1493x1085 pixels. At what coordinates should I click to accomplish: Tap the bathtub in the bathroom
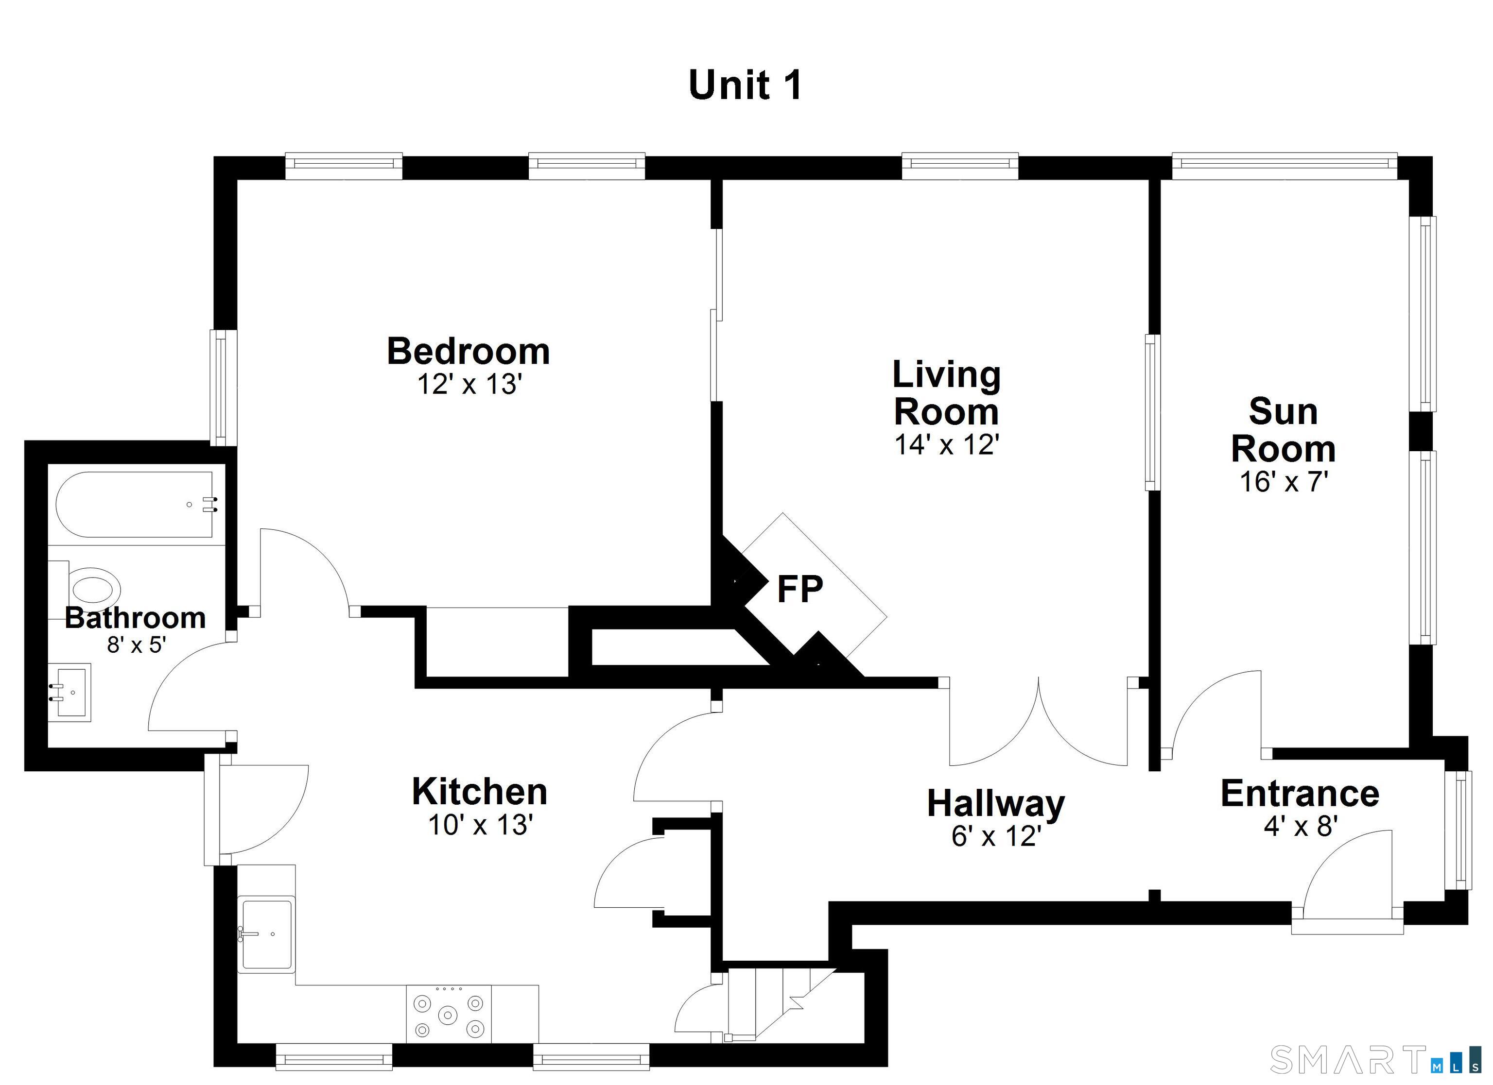click(x=136, y=505)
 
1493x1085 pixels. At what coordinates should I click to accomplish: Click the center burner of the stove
click(x=448, y=1015)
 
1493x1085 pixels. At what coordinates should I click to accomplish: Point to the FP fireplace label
click(x=800, y=589)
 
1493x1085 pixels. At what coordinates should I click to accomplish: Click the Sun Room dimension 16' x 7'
click(x=1283, y=482)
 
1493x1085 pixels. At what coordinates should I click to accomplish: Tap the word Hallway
click(x=996, y=804)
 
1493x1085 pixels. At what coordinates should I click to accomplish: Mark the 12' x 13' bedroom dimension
click(x=469, y=384)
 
